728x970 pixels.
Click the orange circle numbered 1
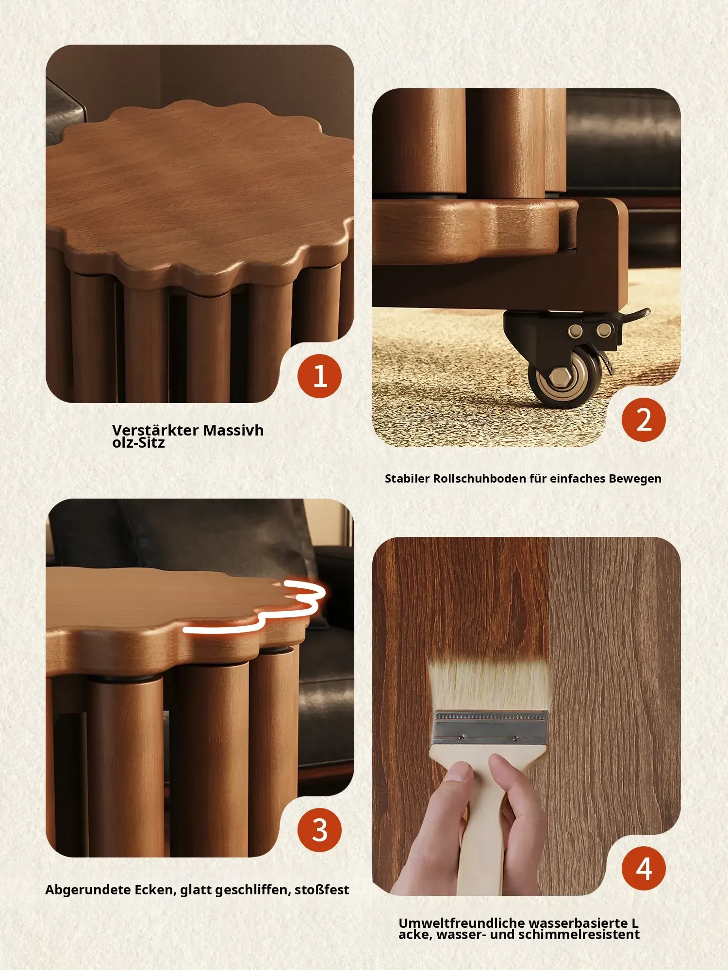pyautogui.click(x=319, y=376)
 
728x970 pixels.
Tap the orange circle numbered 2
pyautogui.click(x=644, y=419)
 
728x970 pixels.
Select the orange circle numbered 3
pyautogui.click(x=319, y=830)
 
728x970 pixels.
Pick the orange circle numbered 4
pyautogui.click(x=644, y=869)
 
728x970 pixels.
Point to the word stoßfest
pyautogui.click(x=322, y=890)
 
